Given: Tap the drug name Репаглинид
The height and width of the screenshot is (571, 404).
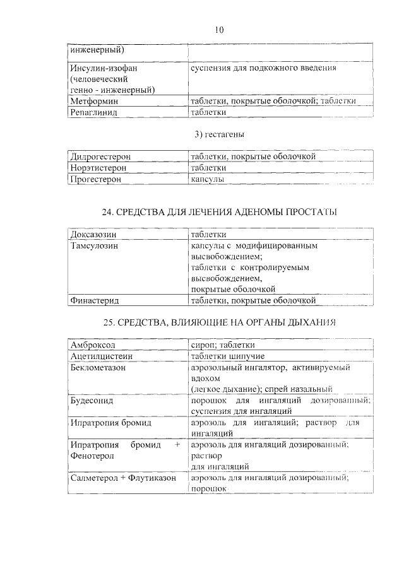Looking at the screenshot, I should [95, 112].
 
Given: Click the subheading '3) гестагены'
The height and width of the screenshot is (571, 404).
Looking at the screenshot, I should [219, 134].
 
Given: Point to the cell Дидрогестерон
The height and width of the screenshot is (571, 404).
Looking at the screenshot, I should [101, 156].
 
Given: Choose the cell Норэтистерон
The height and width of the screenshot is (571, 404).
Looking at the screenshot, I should [98, 168].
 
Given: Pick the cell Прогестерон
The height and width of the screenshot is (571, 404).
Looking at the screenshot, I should [97, 179].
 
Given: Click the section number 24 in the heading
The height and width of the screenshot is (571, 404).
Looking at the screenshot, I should [107, 212].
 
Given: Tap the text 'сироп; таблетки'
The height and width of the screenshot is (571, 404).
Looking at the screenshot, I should [223, 345].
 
